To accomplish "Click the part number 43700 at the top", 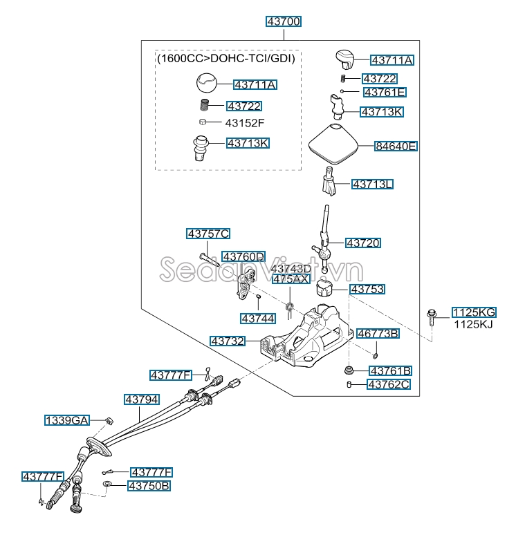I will (284, 22).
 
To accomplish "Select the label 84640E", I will (396, 147).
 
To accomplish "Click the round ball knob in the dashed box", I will (205, 84).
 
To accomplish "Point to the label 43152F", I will (245, 123).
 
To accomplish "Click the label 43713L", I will (373, 185).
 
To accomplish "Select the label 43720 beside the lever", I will (363, 243).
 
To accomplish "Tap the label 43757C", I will (208, 234).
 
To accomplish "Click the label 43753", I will (367, 290).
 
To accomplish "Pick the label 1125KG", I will (474, 312).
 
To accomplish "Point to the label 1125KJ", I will (474, 324).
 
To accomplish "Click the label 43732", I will (228, 341).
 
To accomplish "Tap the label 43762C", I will (389, 384).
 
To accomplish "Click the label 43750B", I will (148, 486).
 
